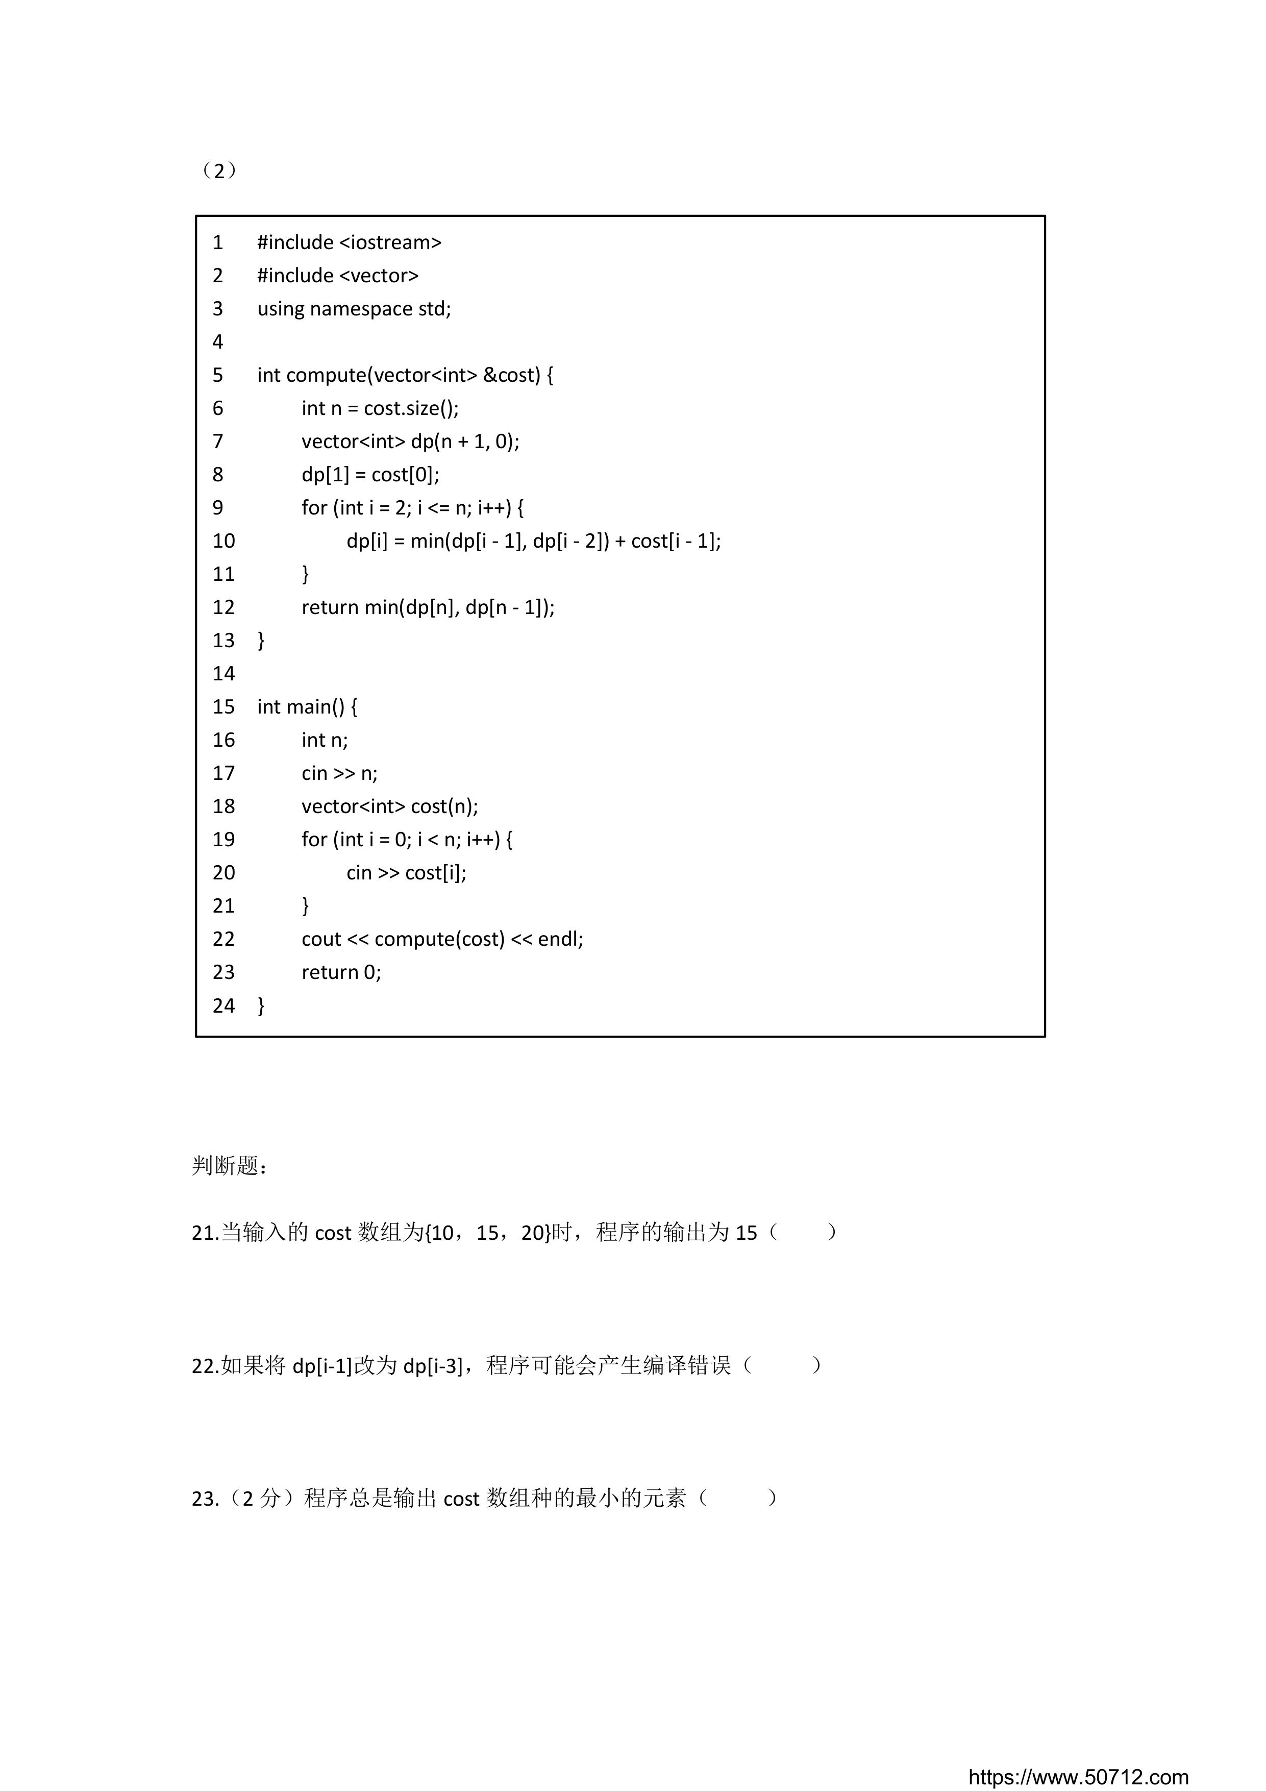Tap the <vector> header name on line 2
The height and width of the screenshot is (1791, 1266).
379,275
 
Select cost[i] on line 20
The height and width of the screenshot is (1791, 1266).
435,872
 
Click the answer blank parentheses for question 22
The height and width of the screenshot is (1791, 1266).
782,1365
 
